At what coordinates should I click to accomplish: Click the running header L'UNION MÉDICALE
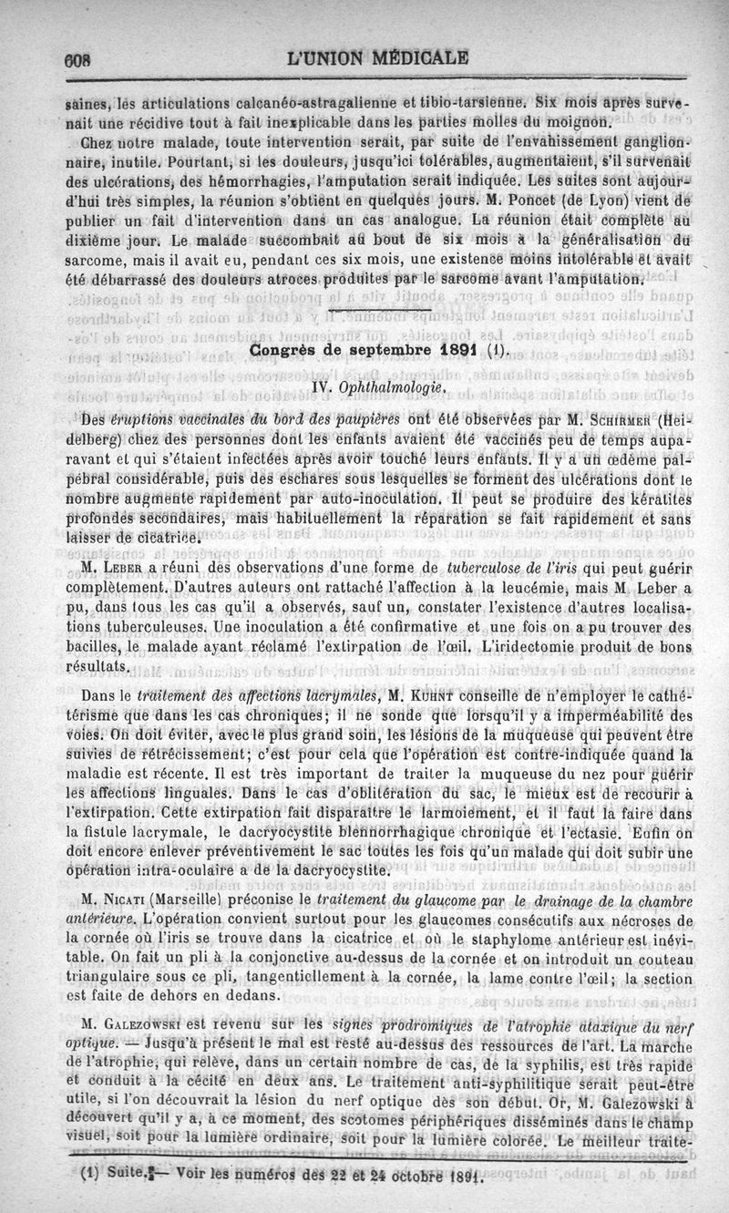pos(377,57)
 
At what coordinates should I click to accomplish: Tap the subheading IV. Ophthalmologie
pos(378,388)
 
